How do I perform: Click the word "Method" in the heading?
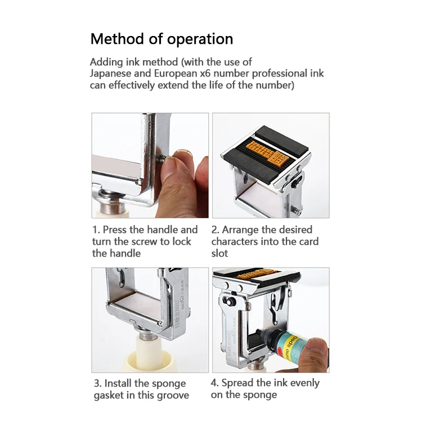tap(117, 39)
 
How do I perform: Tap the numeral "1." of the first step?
tap(96, 230)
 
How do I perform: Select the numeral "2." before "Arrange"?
tap(216, 230)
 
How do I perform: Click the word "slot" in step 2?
tap(219, 253)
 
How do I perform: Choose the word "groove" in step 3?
tap(173, 396)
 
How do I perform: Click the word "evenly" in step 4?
tap(304, 383)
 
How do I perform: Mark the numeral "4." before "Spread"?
tap(215, 383)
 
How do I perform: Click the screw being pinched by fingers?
tap(161, 159)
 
